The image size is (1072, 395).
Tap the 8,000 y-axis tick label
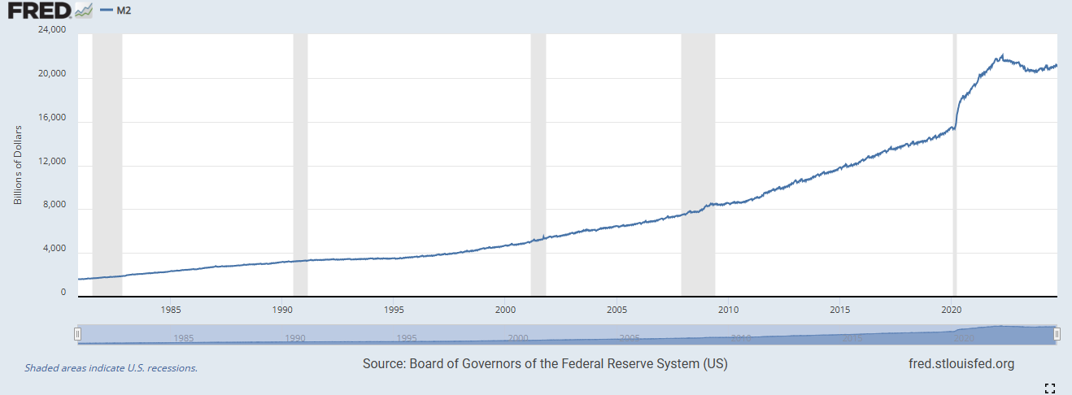pos(54,206)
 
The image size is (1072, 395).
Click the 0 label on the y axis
pos(63,293)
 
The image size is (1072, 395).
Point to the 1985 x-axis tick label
pos(171,310)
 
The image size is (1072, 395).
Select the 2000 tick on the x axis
pos(505,310)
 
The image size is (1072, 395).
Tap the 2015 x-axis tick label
pos(840,310)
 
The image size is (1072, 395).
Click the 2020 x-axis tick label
pos(952,310)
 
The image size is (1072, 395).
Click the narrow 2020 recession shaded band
pos(955,163)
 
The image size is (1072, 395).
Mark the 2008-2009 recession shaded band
pos(698,163)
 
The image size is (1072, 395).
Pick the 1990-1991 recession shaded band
pos(300,163)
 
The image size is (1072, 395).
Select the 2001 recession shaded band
pos(538,163)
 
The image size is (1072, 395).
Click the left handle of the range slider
pos(78,334)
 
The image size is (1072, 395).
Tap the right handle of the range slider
pos(1057,334)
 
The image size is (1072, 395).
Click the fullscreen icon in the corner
pos(1049,388)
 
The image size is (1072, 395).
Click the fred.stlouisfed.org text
pos(961,364)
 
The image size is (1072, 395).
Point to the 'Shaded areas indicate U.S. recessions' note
pos(111,368)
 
